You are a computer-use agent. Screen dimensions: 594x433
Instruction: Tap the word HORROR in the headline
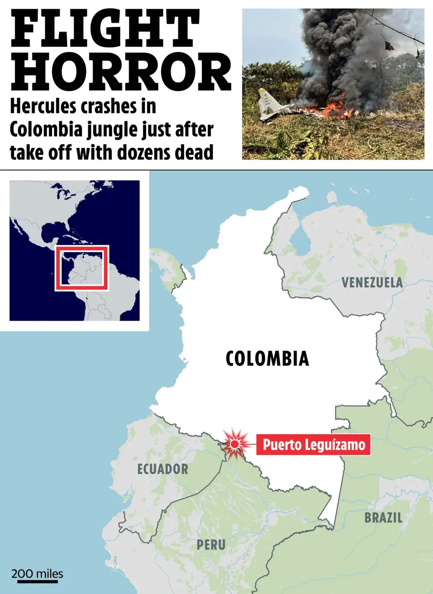click(120, 72)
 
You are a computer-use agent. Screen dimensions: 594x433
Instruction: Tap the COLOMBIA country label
click(267, 358)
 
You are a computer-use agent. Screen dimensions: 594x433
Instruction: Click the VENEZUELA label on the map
click(372, 283)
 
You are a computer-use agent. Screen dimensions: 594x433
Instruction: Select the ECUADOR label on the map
click(162, 469)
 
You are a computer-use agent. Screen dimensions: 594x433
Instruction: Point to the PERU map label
click(211, 545)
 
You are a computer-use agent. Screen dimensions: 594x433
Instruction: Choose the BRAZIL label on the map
click(383, 517)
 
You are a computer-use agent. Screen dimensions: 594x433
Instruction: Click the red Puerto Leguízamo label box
click(313, 444)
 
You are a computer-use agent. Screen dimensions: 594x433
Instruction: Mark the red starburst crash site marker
click(235, 444)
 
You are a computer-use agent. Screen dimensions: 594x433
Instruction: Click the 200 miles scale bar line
click(37, 582)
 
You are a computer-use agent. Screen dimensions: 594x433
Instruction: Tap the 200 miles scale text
click(37, 574)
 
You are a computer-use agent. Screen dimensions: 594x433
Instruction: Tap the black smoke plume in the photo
click(342, 52)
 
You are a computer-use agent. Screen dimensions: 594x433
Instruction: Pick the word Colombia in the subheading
click(46, 130)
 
